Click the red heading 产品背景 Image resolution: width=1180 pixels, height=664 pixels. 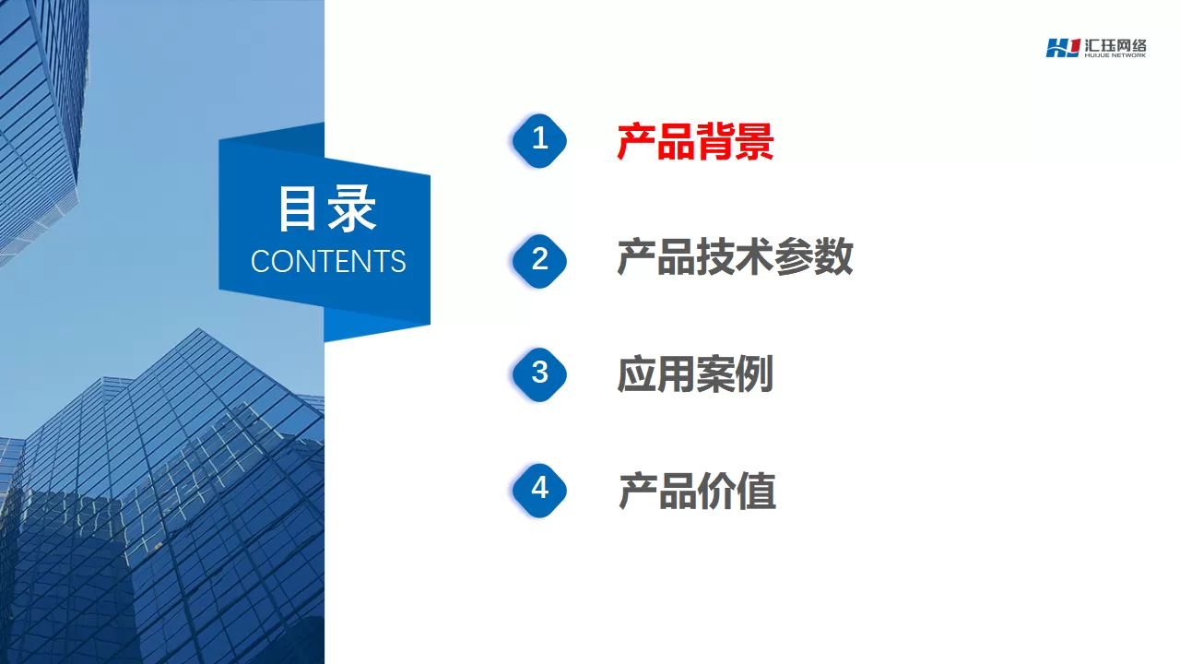(695, 141)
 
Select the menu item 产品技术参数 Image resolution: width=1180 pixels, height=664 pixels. (735, 256)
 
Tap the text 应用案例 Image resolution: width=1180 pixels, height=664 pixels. (695, 373)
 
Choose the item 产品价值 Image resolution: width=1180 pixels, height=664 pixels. (696, 491)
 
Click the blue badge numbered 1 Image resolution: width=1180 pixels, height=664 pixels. (539, 141)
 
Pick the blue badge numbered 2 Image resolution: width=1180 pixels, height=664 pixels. (539, 261)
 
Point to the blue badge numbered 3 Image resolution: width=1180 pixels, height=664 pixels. (539, 374)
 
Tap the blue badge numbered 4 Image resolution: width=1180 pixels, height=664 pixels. (539, 490)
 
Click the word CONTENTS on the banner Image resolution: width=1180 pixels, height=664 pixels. (328, 261)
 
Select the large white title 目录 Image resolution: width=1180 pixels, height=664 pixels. (327, 208)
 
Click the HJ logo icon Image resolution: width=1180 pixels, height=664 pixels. (1063, 48)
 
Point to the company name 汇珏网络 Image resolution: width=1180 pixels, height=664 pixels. (1115, 45)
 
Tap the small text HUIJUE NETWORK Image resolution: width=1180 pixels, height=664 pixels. (1115, 55)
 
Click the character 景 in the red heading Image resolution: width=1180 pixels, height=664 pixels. (754, 141)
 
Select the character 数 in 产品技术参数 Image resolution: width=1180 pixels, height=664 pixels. (833, 256)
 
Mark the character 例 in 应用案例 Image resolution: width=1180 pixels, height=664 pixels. (754, 373)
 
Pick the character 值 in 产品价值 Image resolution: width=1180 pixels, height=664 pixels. (756, 491)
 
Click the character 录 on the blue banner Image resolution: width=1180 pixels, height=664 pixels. (352, 208)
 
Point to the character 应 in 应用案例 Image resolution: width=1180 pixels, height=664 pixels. (636, 373)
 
